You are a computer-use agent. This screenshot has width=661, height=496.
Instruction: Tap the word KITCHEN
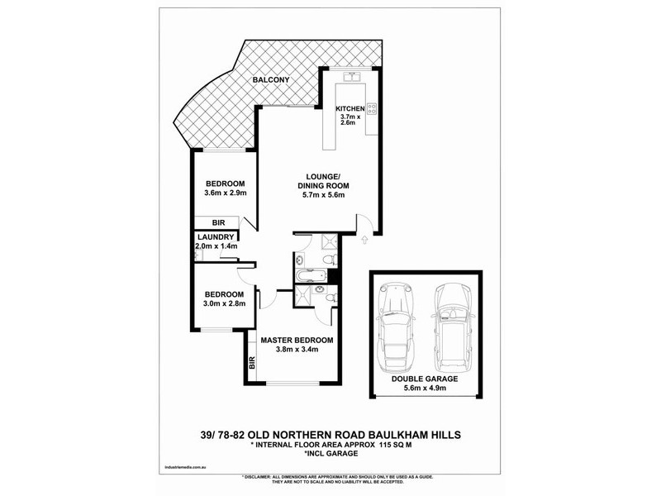[x=350, y=109]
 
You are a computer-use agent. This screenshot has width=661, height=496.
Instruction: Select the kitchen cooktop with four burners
[x=373, y=107]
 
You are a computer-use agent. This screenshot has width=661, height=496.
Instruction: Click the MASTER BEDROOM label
[x=297, y=340]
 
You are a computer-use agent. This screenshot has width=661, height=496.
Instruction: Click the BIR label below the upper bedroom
[x=219, y=222]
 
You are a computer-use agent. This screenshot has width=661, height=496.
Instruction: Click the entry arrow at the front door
[x=364, y=241]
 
